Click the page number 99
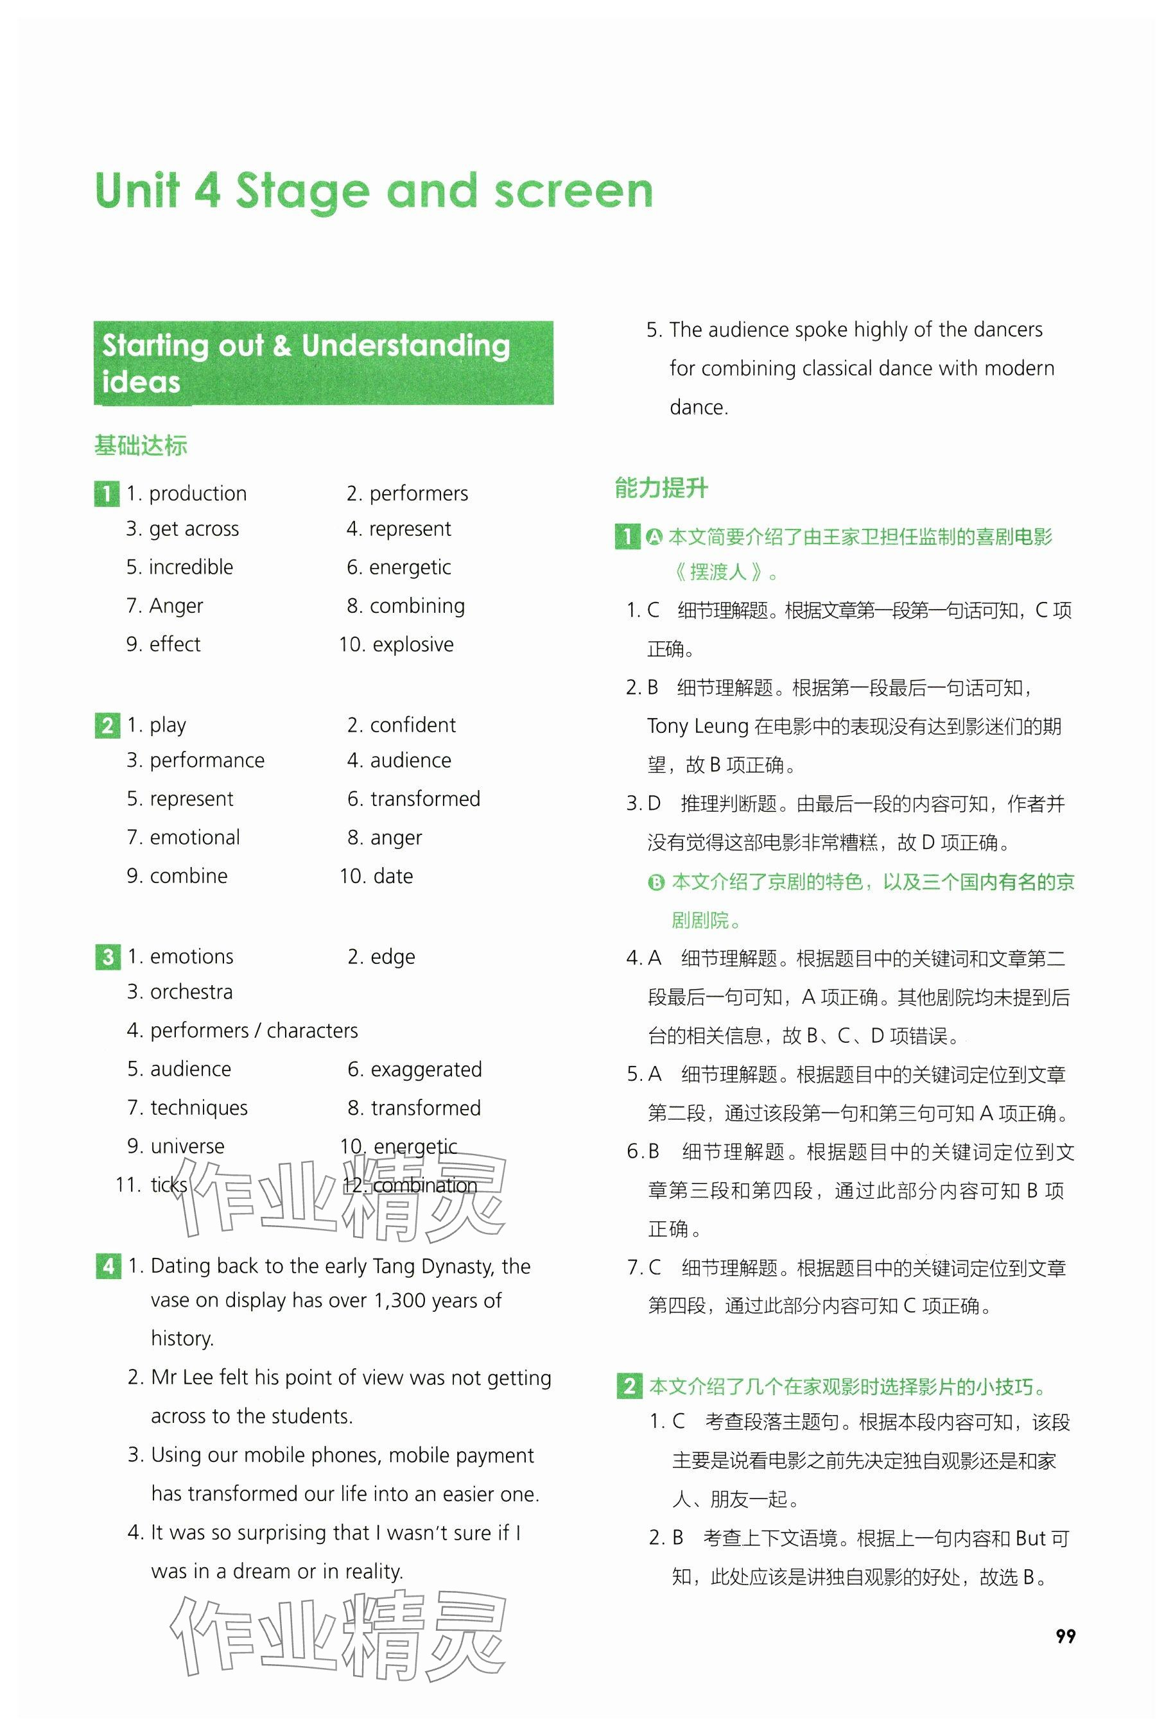pos(1064,1635)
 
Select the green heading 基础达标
pos(141,445)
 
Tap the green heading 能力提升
pos(661,488)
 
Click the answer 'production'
pos(197,493)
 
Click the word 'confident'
pos(412,725)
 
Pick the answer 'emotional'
pos(195,838)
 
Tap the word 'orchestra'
pos(191,992)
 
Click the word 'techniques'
pos(199,1108)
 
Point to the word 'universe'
pos(187,1146)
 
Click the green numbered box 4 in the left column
pos(108,1266)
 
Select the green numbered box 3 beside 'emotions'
pos(108,957)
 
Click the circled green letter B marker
pos(656,882)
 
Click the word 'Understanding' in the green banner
pos(406,346)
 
